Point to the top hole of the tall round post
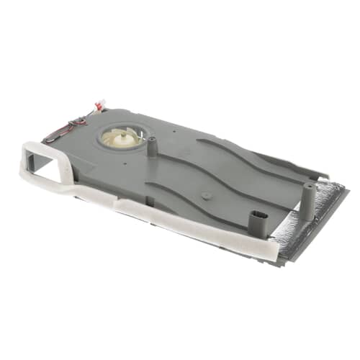coord(309,186)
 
